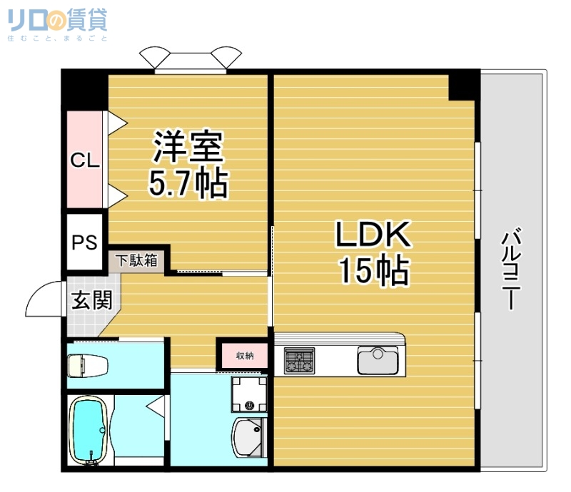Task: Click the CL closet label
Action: click(x=84, y=161)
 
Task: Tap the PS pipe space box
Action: click(x=84, y=242)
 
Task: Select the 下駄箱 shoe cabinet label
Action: click(x=137, y=260)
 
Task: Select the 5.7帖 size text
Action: click(x=188, y=184)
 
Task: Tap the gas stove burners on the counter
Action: click(x=300, y=359)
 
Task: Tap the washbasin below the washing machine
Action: click(x=249, y=436)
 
